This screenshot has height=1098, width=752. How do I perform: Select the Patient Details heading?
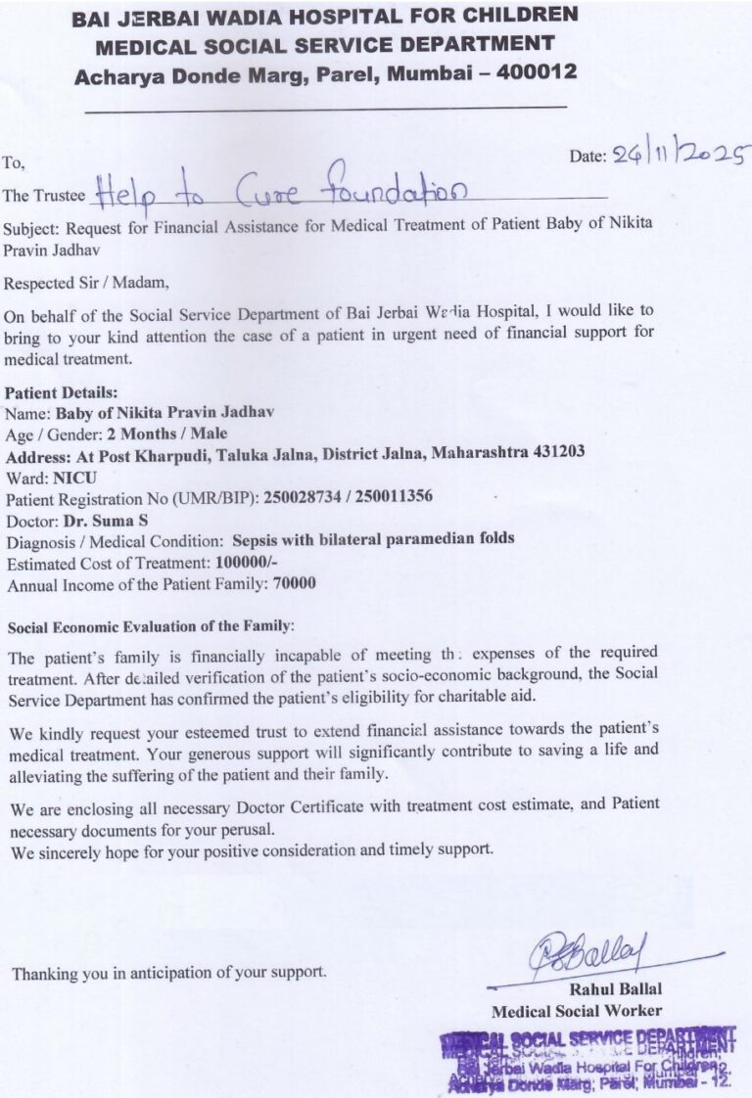click(x=62, y=392)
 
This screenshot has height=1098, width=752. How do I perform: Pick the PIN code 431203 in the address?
click(x=555, y=453)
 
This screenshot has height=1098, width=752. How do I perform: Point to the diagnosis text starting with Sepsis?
click(x=373, y=539)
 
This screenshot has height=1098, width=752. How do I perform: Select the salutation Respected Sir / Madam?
click(x=86, y=284)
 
